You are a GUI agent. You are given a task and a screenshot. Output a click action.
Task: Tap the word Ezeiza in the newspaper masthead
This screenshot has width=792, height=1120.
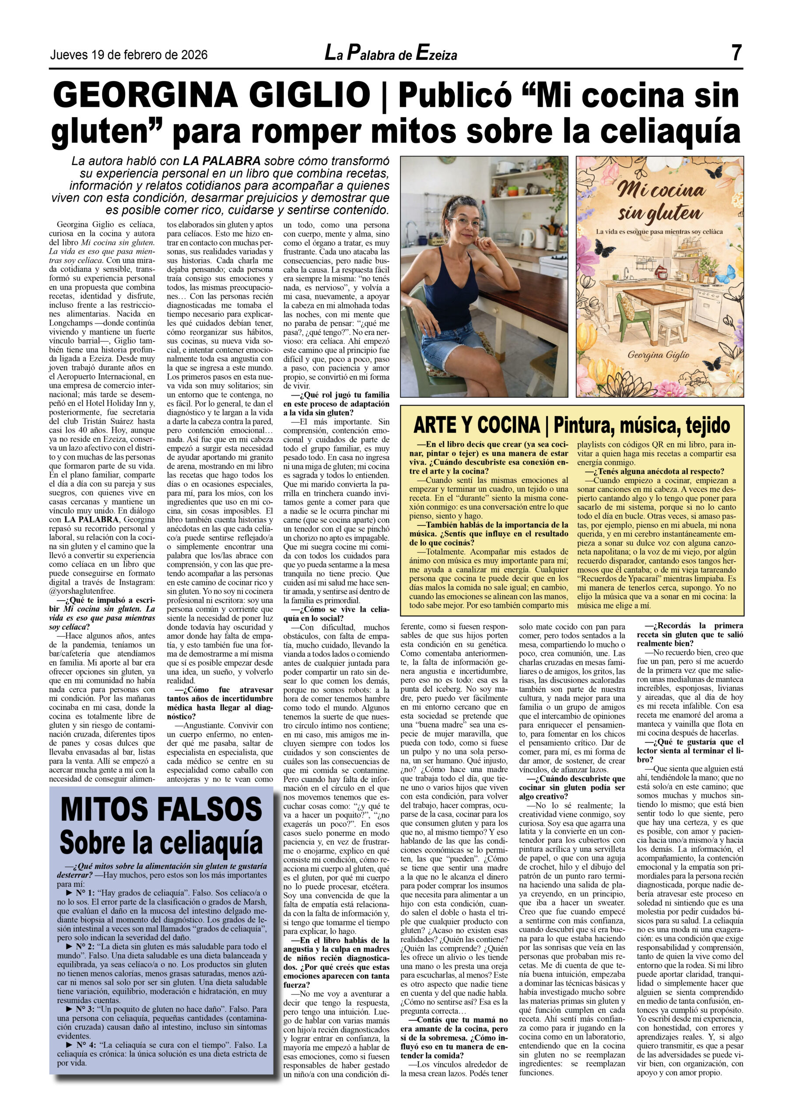(x=436, y=54)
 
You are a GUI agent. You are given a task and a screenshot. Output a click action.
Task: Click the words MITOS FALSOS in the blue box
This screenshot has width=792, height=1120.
(x=161, y=809)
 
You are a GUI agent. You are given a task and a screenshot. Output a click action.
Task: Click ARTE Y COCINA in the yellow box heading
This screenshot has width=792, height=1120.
(x=476, y=425)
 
